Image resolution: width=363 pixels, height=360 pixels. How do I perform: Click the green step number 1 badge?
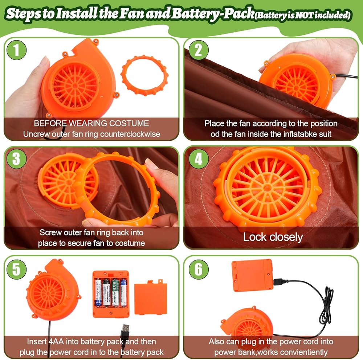pyautogui.click(x=16, y=50)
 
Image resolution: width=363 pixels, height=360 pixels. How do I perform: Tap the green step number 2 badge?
pyautogui.click(x=199, y=50)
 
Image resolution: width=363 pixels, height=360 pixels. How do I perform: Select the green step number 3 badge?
pyautogui.click(x=16, y=159)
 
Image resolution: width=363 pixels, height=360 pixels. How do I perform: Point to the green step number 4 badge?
pyautogui.click(x=199, y=159)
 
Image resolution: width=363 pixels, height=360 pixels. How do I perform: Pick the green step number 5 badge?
pyautogui.click(x=16, y=269)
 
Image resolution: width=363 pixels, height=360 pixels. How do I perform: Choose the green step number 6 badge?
pyautogui.click(x=199, y=269)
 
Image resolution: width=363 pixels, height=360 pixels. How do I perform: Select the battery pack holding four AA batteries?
pyautogui.click(x=111, y=294)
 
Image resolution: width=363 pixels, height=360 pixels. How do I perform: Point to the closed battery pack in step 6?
pyautogui.click(x=252, y=275)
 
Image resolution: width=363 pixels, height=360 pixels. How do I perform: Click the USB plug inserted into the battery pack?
pyautogui.click(x=281, y=282)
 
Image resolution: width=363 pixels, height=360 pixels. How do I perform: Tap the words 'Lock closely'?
pyautogui.click(x=273, y=237)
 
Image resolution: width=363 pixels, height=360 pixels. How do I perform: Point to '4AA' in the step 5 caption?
pyautogui.click(x=55, y=342)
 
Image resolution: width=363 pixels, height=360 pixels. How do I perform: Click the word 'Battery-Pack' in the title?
pyautogui.click(x=213, y=13)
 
